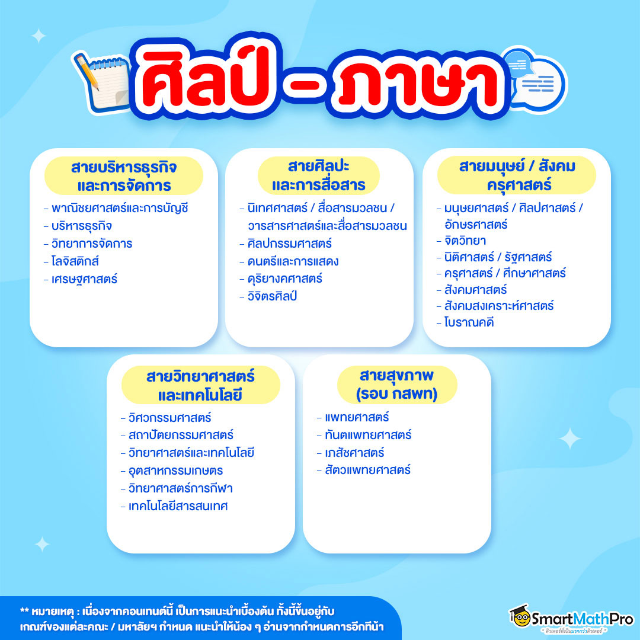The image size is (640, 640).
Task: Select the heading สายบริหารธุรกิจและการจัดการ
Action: [x=124, y=176]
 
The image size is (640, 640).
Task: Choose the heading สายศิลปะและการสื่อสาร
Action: [x=319, y=175]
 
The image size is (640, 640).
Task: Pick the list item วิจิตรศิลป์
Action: [x=272, y=296]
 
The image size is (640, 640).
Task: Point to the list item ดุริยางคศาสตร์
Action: [x=285, y=279]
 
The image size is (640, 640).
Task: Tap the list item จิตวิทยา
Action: [x=465, y=241]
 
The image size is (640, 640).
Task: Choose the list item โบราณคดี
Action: [x=469, y=322]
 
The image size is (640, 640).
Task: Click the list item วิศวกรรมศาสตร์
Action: [x=169, y=418]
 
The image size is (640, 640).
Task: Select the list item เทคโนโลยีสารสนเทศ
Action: [x=178, y=506]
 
